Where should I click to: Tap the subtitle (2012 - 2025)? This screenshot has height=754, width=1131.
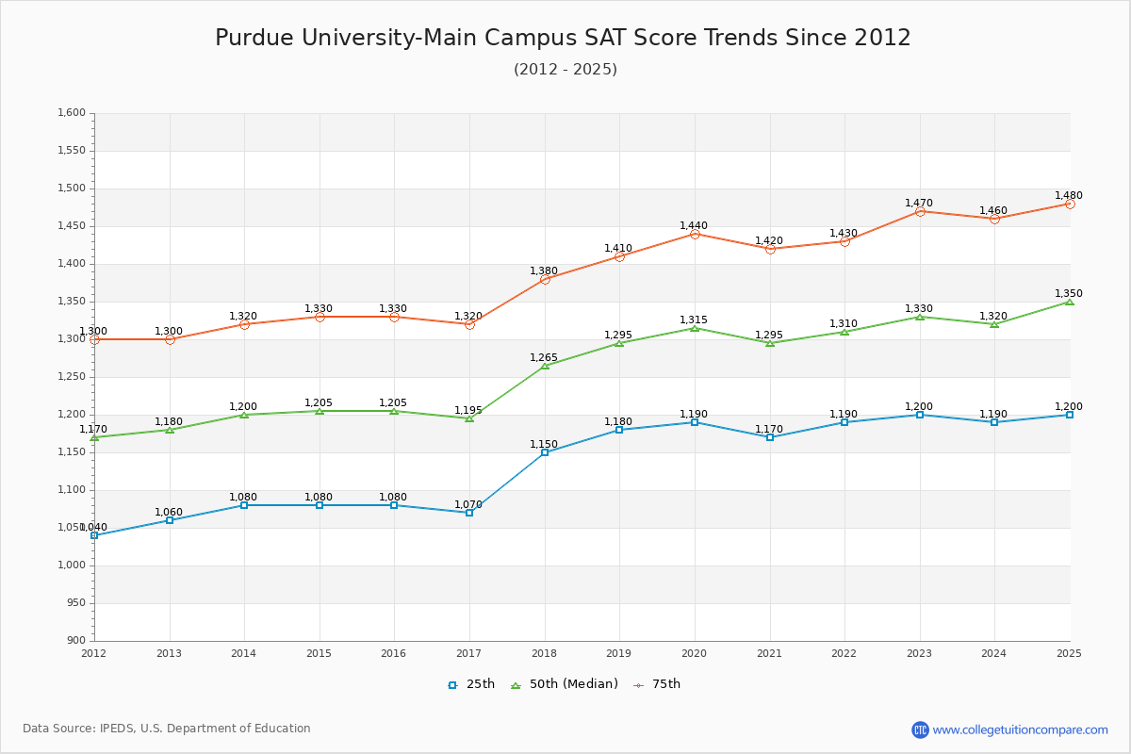pos(565,69)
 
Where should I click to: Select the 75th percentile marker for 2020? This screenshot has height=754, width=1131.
pos(695,234)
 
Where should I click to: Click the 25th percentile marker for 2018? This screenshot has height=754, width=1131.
pos(545,452)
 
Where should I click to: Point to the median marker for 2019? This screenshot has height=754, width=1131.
pos(619,343)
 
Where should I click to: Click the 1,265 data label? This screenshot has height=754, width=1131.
pos(544,358)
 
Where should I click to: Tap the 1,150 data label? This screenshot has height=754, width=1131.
pos(544,444)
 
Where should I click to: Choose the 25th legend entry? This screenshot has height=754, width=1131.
pos(471,684)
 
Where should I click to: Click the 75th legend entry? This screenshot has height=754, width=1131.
pos(657,684)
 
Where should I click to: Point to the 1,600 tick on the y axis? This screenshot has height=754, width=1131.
pos(73,113)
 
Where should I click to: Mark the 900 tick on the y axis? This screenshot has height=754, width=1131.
pos(76,641)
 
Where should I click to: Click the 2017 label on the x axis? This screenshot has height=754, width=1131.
pos(468,653)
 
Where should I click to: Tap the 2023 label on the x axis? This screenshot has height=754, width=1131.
pos(919,653)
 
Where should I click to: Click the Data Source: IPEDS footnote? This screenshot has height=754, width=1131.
pos(167,729)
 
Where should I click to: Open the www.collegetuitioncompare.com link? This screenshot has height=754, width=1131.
pos(1020,729)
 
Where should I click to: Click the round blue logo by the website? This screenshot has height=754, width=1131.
pos(920,729)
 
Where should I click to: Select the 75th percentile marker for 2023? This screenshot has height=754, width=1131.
pos(920,211)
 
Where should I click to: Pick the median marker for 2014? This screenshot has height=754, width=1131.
pos(244,415)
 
